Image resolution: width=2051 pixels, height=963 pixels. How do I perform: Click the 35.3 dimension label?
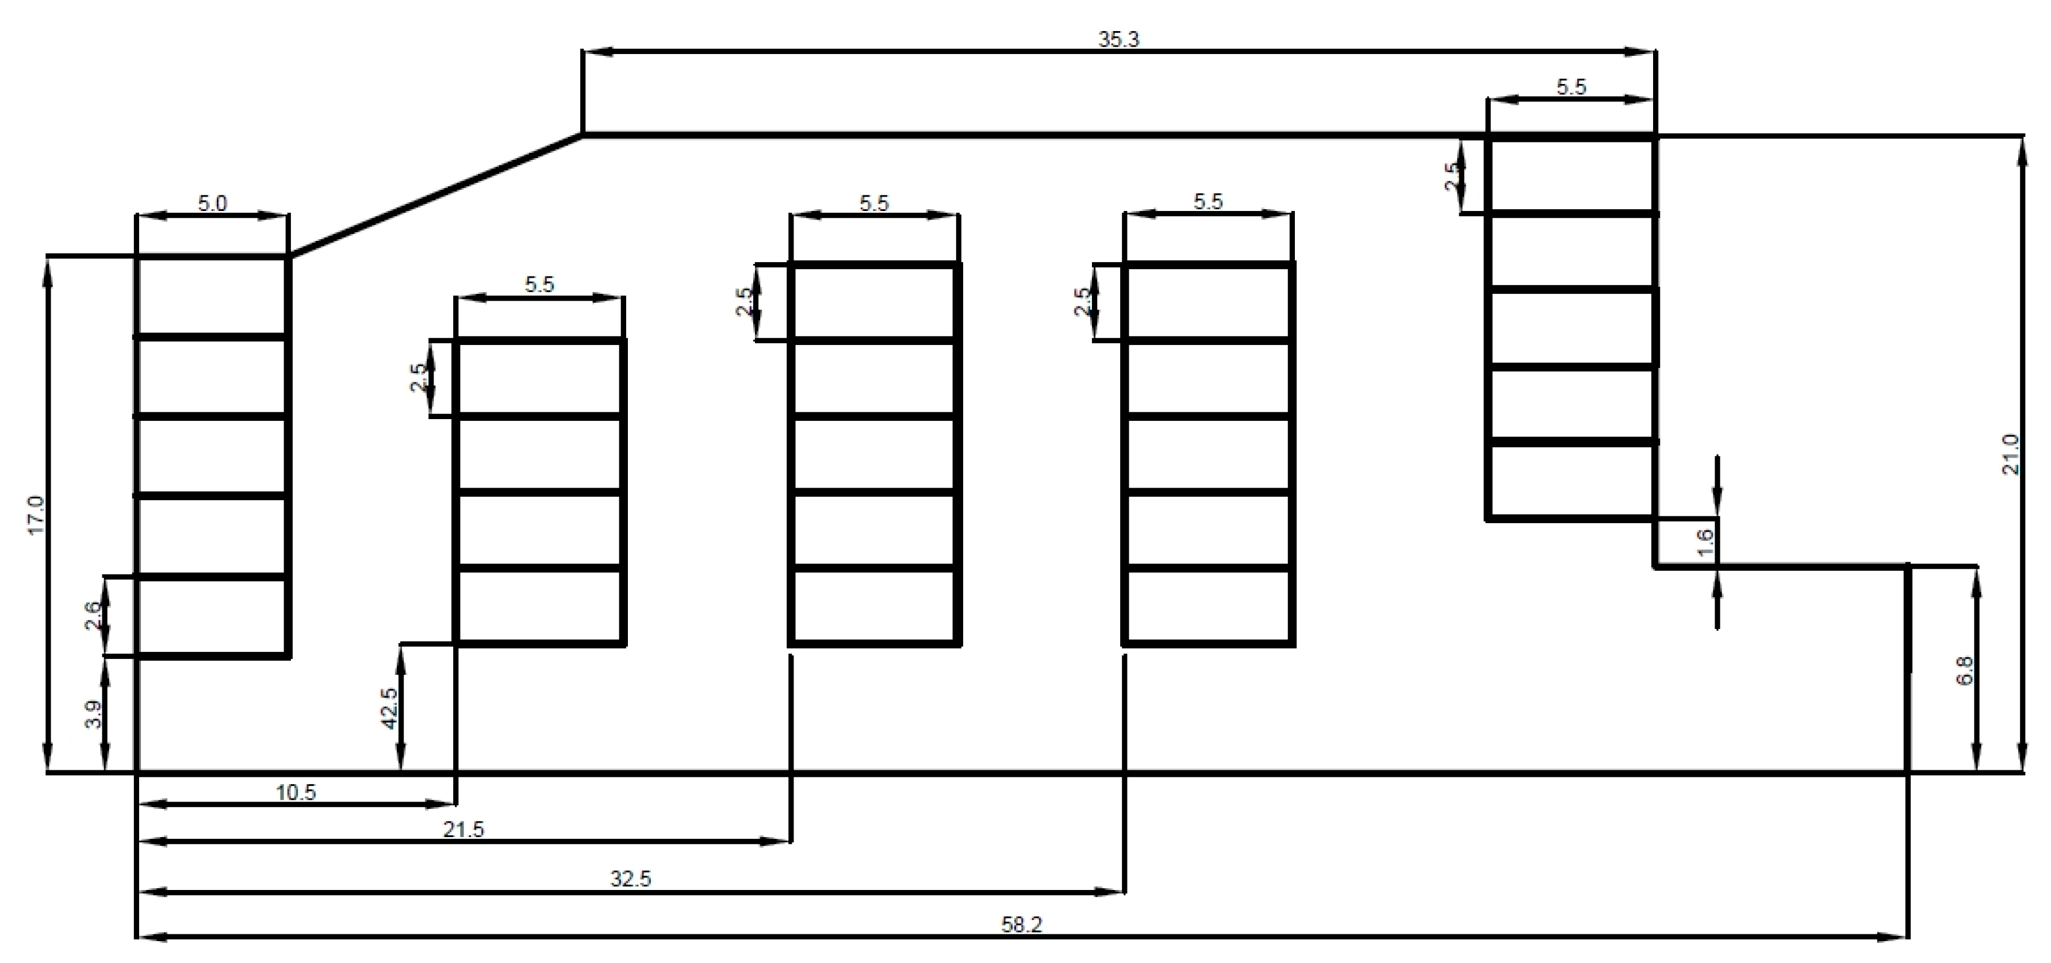click(1119, 40)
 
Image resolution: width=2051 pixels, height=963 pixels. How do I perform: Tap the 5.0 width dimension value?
click(212, 204)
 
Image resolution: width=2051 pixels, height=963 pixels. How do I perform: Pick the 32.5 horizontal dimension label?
click(631, 878)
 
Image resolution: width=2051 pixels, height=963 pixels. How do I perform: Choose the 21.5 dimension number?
click(463, 830)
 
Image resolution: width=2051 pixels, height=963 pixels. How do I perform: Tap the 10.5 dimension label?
click(296, 793)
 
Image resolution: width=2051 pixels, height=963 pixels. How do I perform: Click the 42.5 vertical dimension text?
click(389, 708)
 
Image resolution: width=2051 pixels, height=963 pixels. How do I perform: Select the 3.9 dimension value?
click(93, 714)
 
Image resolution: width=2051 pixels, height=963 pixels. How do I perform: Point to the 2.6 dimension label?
click(93, 615)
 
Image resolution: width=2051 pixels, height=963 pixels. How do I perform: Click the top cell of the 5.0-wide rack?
click(212, 297)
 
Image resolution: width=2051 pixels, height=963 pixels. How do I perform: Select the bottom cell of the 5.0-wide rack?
click(212, 616)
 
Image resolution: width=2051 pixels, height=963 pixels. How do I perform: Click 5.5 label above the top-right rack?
click(1571, 87)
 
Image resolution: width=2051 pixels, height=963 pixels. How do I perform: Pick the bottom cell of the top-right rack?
click(1571, 481)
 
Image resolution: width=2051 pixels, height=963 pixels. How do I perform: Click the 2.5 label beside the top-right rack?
click(1452, 175)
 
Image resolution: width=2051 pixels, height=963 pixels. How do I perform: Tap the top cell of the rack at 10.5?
click(539, 379)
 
